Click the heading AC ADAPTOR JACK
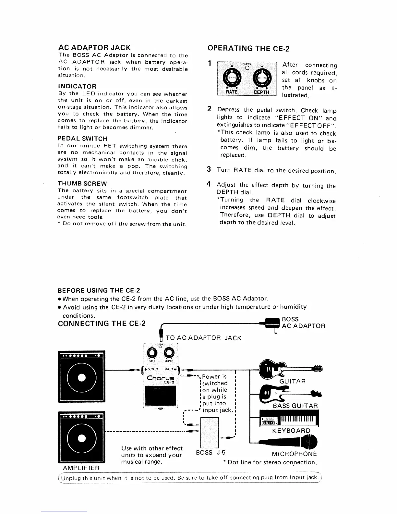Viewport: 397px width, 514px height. [94, 47]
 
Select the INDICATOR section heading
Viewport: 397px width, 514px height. [77, 86]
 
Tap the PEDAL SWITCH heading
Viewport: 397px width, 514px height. [82, 139]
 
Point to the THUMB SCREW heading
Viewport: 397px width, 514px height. [82, 184]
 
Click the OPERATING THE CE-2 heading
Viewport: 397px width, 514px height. [248, 48]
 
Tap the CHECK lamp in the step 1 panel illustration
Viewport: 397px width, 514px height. [247, 68]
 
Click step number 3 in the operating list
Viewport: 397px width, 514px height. [209, 169]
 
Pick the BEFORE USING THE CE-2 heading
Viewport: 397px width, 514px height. [99, 290]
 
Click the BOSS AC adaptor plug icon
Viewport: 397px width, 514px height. [273, 324]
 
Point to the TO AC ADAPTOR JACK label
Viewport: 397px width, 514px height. [203, 338]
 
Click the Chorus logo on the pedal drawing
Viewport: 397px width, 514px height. [161, 379]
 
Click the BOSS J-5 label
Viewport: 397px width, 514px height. [211, 453]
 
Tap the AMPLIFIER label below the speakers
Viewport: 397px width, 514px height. [81, 468]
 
